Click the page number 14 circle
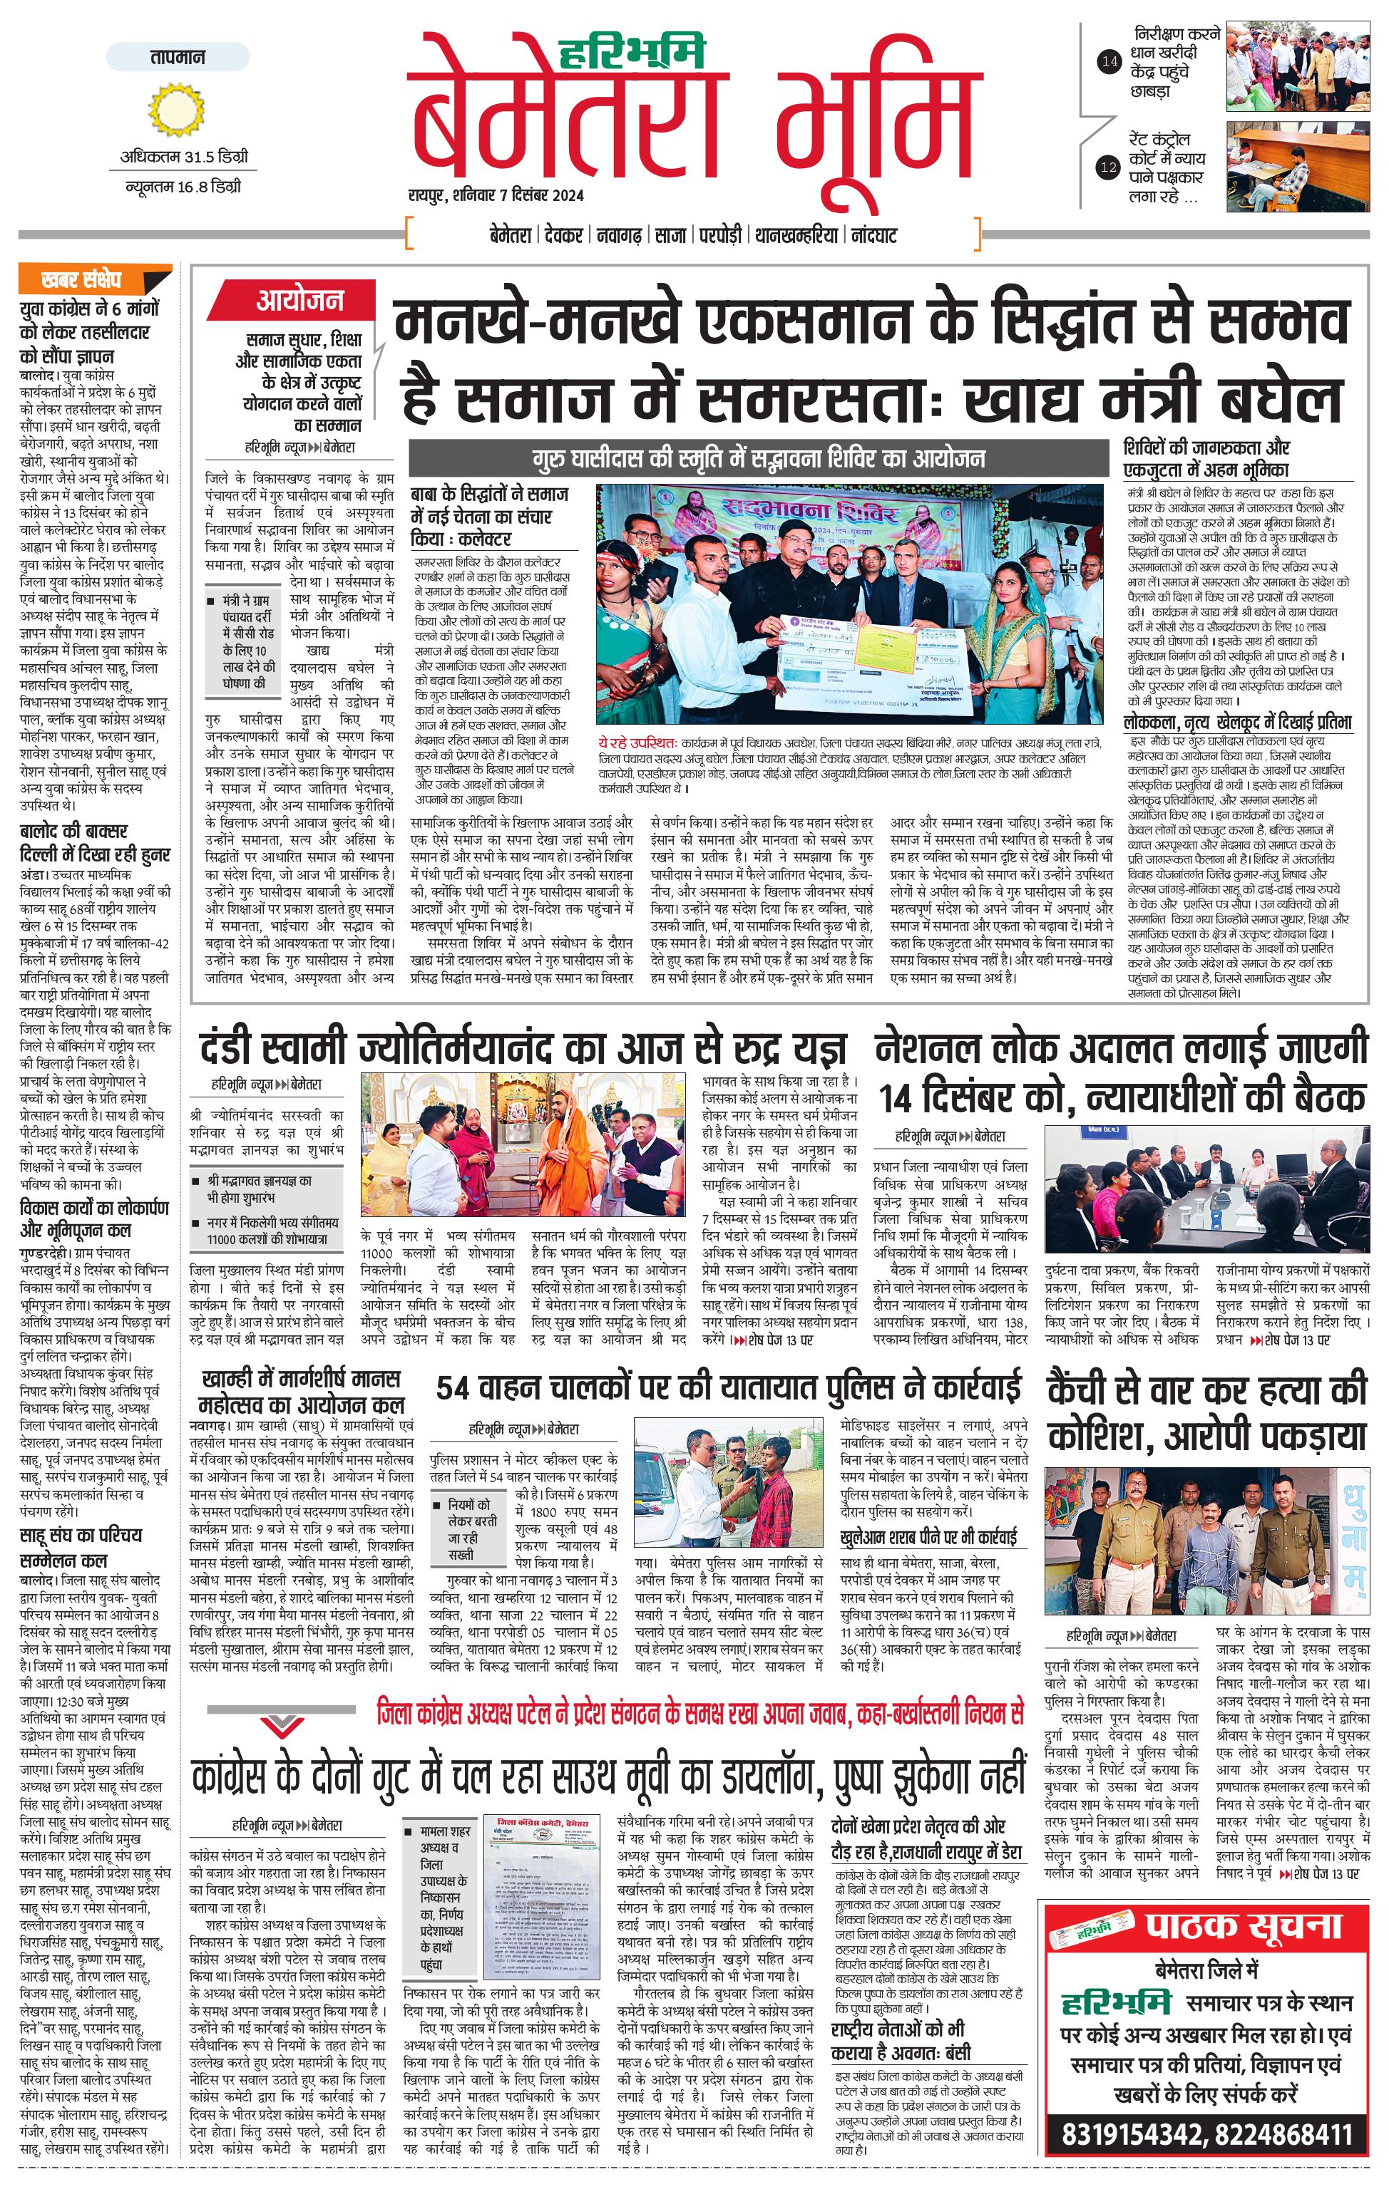tap(1109, 62)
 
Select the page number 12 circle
tap(1109, 167)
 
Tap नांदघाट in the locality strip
tap(873, 235)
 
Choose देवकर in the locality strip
tap(563, 235)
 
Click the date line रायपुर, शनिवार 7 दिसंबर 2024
tap(496, 195)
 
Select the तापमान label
tap(178, 58)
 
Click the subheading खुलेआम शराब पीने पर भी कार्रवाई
tap(928, 1538)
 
